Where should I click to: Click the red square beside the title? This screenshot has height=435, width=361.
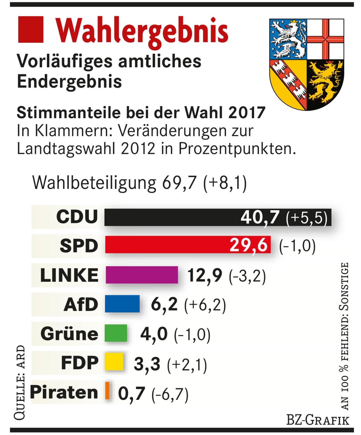point(31,29)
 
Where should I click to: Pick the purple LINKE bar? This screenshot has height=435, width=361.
point(142,275)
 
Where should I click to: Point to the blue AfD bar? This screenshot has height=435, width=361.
point(122,304)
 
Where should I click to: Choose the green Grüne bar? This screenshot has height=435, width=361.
point(116,333)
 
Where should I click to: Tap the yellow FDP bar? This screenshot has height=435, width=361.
point(114,362)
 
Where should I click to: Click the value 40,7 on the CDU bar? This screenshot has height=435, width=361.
point(260,217)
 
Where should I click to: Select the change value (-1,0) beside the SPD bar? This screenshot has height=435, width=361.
point(297,246)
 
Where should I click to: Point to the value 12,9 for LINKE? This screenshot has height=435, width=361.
point(205,275)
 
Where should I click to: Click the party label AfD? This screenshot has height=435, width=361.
point(81,304)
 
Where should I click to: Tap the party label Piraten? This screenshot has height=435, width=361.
point(64,392)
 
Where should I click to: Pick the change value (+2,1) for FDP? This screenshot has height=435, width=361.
point(187,365)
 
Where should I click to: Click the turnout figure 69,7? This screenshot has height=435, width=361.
point(179,182)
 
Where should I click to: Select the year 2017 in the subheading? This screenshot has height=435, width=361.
point(247,113)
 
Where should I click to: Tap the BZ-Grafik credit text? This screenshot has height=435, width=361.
point(318,420)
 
